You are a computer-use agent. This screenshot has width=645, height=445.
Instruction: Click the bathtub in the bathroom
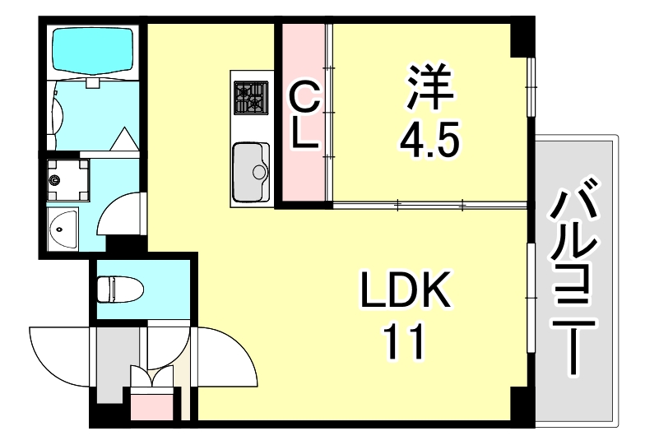(x=92, y=49)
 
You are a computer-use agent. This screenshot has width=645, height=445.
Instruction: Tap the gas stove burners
(x=250, y=97)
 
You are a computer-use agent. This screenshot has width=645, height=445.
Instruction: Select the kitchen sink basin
(x=251, y=170)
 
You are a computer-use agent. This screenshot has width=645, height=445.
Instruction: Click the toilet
(x=118, y=290)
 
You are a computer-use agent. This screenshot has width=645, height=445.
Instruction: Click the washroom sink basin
(x=63, y=228)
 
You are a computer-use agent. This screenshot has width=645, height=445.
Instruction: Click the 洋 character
(x=428, y=86)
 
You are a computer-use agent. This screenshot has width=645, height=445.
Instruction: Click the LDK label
(x=406, y=293)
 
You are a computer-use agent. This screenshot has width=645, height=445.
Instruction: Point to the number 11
(x=403, y=343)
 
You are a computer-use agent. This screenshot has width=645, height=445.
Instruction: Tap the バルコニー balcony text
(x=576, y=280)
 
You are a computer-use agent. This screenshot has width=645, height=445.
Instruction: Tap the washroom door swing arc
(x=120, y=214)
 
